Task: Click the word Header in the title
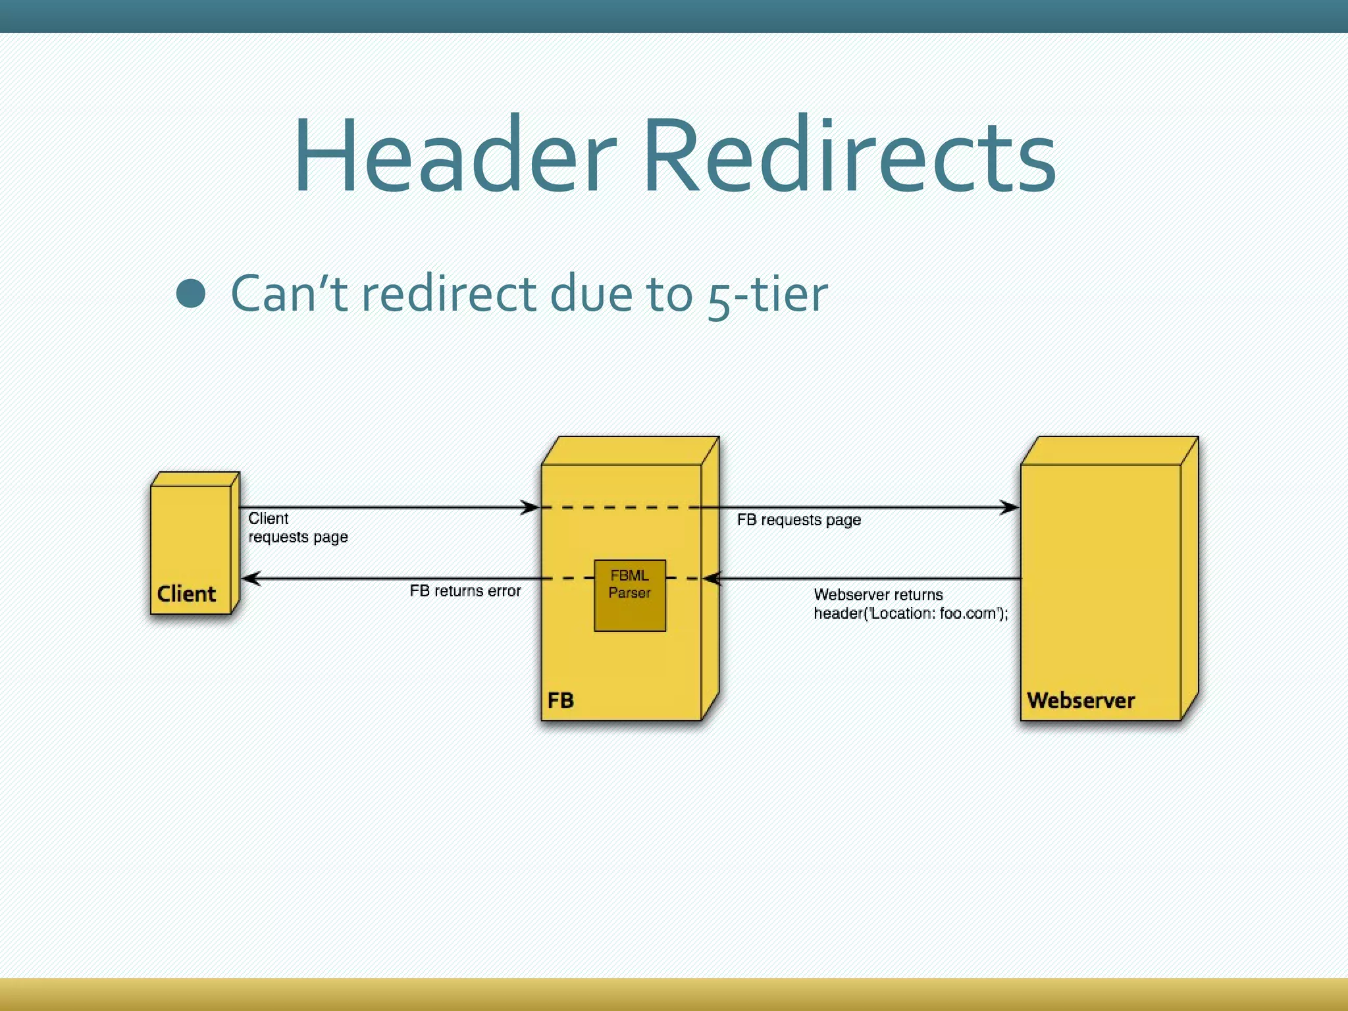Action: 454,155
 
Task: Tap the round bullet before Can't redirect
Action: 191,294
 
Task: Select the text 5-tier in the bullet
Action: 767,294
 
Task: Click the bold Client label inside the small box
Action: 186,594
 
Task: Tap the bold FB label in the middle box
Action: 560,700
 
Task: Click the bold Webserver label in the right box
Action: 1081,700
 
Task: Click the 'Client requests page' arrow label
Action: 298,528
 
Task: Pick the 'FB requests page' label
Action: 798,520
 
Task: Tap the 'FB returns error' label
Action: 465,591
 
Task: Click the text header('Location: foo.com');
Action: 910,613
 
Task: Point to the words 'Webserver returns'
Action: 878,595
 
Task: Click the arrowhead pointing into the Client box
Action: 250,579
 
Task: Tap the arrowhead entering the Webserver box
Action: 1010,507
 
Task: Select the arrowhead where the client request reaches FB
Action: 531,507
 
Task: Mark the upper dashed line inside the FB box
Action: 619,507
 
